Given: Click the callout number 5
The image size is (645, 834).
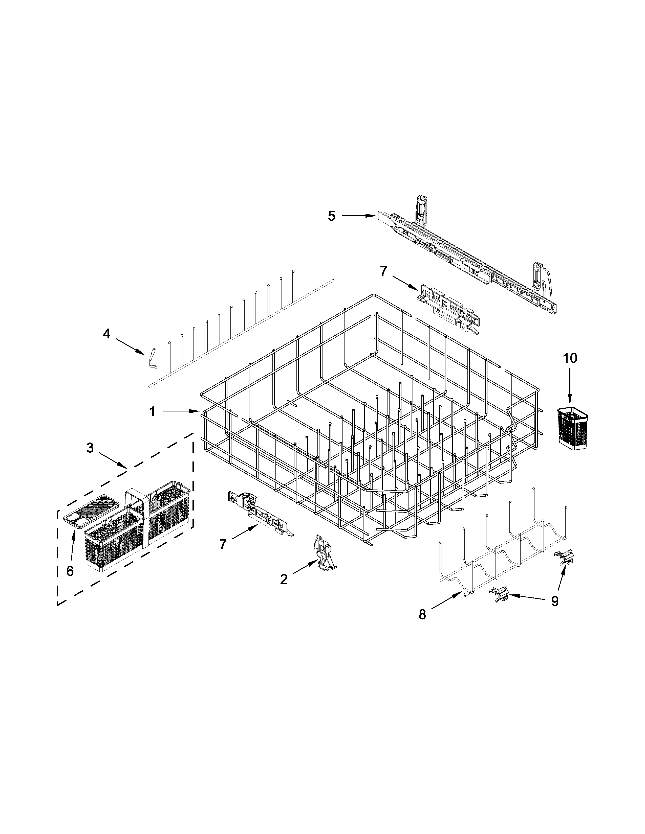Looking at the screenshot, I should (331, 216).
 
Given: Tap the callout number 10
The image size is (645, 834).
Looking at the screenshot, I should (569, 358).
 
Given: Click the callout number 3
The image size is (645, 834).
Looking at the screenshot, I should (90, 448).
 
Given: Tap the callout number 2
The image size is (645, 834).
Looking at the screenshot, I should (284, 579).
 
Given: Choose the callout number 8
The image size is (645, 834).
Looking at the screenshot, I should (422, 614).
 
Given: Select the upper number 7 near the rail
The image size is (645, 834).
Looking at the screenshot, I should (383, 271).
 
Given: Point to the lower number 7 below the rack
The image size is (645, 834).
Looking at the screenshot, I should (223, 544).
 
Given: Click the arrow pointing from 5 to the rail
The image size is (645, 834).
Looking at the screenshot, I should (359, 216).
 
